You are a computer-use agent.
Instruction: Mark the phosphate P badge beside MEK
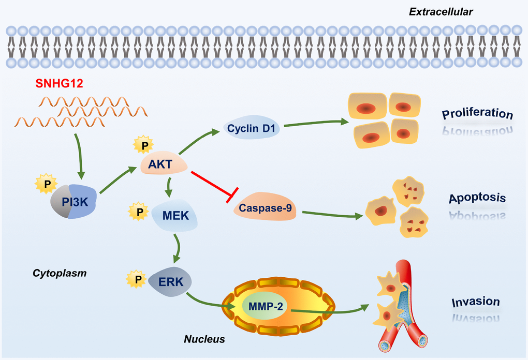click(x=137, y=211)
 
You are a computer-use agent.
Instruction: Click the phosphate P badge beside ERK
click(x=135, y=279)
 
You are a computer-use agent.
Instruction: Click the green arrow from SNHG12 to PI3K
click(x=78, y=153)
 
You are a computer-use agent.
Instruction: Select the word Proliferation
click(x=477, y=114)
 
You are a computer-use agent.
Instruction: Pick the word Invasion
click(x=475, y=302)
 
